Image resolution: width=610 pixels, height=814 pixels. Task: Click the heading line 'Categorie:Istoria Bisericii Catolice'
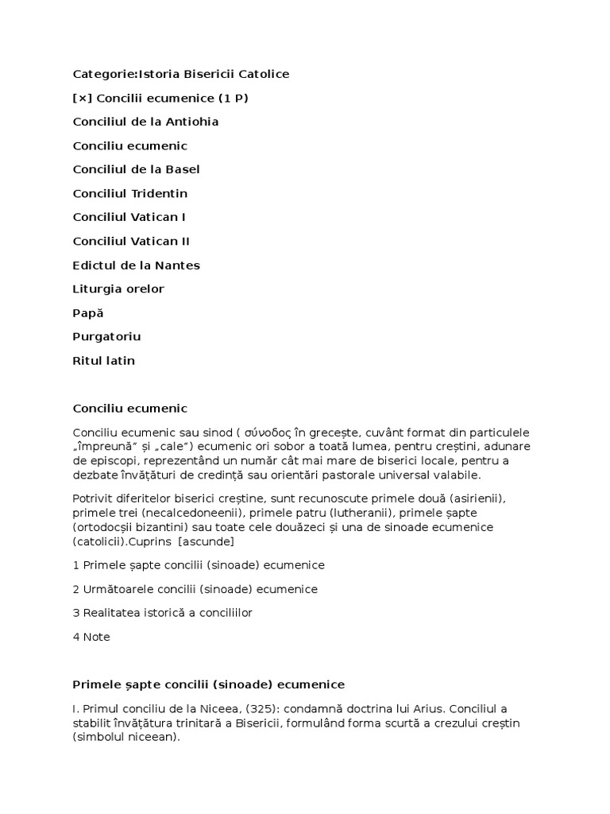pos(181,74)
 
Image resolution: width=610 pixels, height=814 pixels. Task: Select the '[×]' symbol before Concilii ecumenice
pos(82,98)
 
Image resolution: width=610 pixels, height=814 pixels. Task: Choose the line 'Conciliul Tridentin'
pos(130,193)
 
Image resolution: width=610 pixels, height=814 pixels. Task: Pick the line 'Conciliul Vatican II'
pos(131,241)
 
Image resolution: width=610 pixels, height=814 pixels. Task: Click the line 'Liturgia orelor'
pos(118,289)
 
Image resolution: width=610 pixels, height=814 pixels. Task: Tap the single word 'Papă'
pos(88,312)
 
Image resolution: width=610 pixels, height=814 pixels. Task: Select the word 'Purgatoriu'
pos(106,336)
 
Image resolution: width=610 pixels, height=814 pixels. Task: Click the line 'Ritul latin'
pos(104,360)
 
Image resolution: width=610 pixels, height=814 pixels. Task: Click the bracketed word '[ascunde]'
pos(206,541)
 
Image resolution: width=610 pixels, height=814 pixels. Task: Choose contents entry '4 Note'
pos(91,637)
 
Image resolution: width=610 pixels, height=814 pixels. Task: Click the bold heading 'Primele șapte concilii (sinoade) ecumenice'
pos(209,684)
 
